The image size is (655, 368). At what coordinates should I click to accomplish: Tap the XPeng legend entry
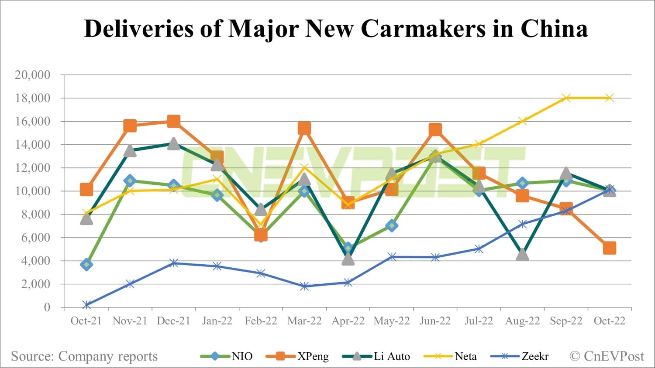297,356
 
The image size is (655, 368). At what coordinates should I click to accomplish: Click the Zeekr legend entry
520,356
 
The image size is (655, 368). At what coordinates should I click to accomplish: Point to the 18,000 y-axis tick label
33,98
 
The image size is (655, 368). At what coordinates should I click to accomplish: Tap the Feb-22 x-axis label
261,321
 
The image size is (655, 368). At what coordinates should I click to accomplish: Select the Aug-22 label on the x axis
522,321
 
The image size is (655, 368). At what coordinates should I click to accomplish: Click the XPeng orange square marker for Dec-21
174,121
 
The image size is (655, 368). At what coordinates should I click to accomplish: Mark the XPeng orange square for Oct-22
610,248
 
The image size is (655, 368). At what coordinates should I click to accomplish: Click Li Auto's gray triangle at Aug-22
522,255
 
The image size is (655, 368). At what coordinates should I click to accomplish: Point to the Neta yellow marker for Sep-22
566,98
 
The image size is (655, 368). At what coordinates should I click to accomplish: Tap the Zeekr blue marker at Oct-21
86,305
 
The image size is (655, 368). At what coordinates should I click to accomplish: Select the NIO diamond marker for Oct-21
86,264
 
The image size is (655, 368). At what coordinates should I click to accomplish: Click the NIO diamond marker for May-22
392,225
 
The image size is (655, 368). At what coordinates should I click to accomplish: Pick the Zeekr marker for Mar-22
304,286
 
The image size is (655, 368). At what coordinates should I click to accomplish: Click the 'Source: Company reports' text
84,356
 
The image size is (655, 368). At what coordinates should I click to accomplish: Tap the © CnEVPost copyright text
607,356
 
